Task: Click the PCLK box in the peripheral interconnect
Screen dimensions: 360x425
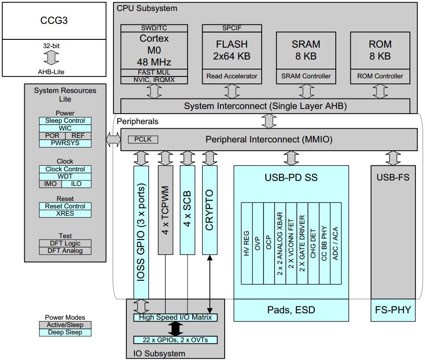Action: pos(143,139)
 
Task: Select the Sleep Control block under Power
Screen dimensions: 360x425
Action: pos(65,121)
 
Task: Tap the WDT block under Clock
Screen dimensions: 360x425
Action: pos(65,176)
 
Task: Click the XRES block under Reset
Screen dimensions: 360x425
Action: pos(65,213)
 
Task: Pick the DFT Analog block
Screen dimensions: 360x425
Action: pos(65,251)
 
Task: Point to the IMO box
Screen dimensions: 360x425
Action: pos(50,184)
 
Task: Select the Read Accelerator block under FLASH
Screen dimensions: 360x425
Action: pos(231,76)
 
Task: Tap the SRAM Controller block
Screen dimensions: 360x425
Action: pos(306,76)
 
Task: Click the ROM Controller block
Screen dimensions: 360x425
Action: pos(380,76)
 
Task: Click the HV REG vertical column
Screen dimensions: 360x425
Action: pos(247,243)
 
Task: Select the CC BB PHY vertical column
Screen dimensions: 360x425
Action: pos(324,243)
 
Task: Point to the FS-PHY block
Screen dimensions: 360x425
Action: pos(393,310)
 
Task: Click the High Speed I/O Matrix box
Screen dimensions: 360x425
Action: pos(175,317)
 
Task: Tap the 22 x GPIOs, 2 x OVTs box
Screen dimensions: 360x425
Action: pos(175,340)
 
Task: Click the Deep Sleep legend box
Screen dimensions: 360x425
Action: pos(65,332)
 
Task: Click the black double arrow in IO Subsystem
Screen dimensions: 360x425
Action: pos(175,328)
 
